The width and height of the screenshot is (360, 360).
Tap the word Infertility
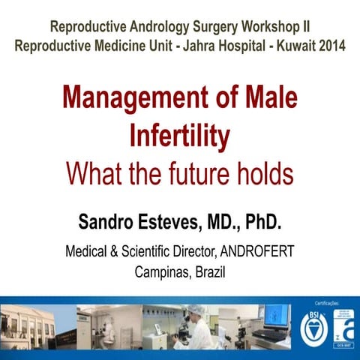click(180, 137)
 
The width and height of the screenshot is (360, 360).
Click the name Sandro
click(108, 223)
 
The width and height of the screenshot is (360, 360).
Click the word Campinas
click(160, 271)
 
